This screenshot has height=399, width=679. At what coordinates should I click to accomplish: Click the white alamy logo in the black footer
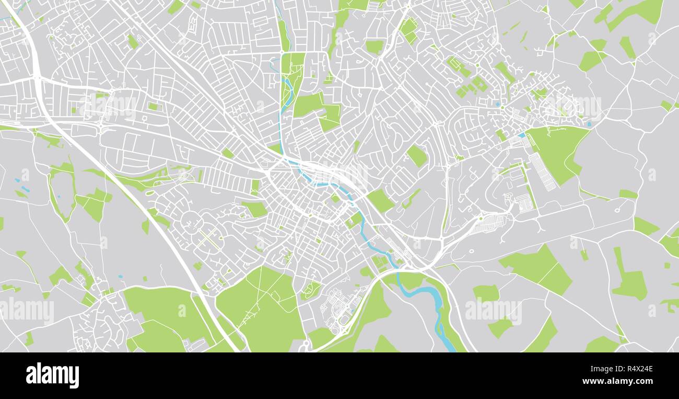click(x=52, y=375)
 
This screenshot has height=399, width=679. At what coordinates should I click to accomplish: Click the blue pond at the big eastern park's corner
click(x=521, y=135)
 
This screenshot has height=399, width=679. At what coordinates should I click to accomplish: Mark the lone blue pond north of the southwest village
click(x=121, y=276)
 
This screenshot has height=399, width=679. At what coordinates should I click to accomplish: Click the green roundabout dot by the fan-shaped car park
click(x=481, y=218)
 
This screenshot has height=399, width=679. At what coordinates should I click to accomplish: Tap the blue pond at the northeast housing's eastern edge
click(x=589, y=124)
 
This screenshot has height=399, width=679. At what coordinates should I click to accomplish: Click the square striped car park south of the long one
click(x=523, y=202)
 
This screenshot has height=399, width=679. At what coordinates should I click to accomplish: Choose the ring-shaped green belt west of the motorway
click(x=62, y=188)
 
